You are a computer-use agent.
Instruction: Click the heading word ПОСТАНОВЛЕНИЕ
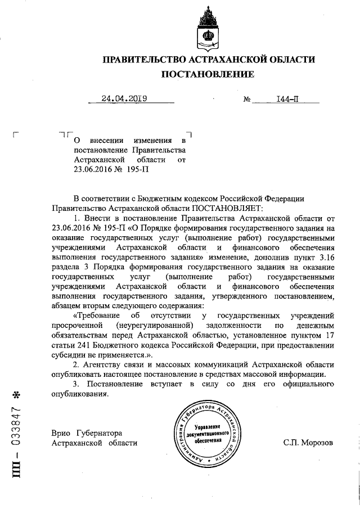point(208,74)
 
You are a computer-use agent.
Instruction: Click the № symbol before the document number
point(246,100)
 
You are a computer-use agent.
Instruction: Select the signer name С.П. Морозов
point(308,443)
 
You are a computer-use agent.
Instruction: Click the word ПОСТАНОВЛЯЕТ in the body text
point(194,208)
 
